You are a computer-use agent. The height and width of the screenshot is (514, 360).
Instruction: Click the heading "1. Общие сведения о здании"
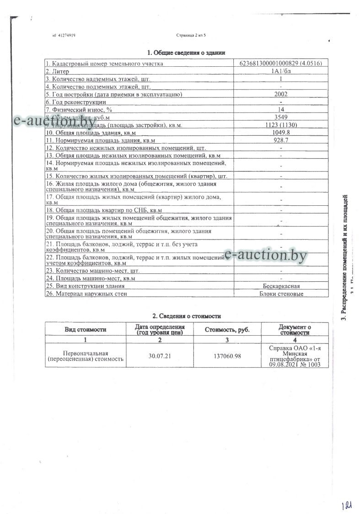[x=186, y=53]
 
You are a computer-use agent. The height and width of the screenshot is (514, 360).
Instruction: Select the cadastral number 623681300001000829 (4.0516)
[x=280, y=64]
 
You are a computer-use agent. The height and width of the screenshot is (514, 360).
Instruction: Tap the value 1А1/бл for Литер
[x=280, y=71]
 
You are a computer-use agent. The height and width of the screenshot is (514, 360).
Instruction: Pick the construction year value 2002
[x=280, y=94]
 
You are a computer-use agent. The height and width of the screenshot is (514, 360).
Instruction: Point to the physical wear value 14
[x=280, y=110]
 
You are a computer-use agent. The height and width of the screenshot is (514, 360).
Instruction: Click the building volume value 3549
[x=280, y=117]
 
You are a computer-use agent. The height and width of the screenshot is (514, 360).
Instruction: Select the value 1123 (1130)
[x=280, y=125]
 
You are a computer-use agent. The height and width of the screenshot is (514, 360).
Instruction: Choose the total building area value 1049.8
[x=280, y=132]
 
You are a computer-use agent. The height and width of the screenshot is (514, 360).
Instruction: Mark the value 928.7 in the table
[x=280, y=140]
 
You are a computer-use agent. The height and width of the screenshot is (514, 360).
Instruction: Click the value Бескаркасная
[x=280, y=286]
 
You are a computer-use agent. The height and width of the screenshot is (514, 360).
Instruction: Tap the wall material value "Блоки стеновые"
[x=280, y=294]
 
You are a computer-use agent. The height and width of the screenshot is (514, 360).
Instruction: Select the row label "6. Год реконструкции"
[x=76, y=102]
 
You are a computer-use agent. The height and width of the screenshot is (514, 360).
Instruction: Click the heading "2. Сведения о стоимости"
[x=186, y=316]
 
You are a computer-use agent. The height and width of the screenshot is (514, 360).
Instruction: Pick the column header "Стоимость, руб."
[x=227, y=329]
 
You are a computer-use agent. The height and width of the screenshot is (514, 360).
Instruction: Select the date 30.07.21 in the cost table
[x=160, y=356]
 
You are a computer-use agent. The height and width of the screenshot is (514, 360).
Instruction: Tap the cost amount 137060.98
[x=227, y=356]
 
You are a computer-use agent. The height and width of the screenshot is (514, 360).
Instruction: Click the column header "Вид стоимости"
[x=86, y=329]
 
